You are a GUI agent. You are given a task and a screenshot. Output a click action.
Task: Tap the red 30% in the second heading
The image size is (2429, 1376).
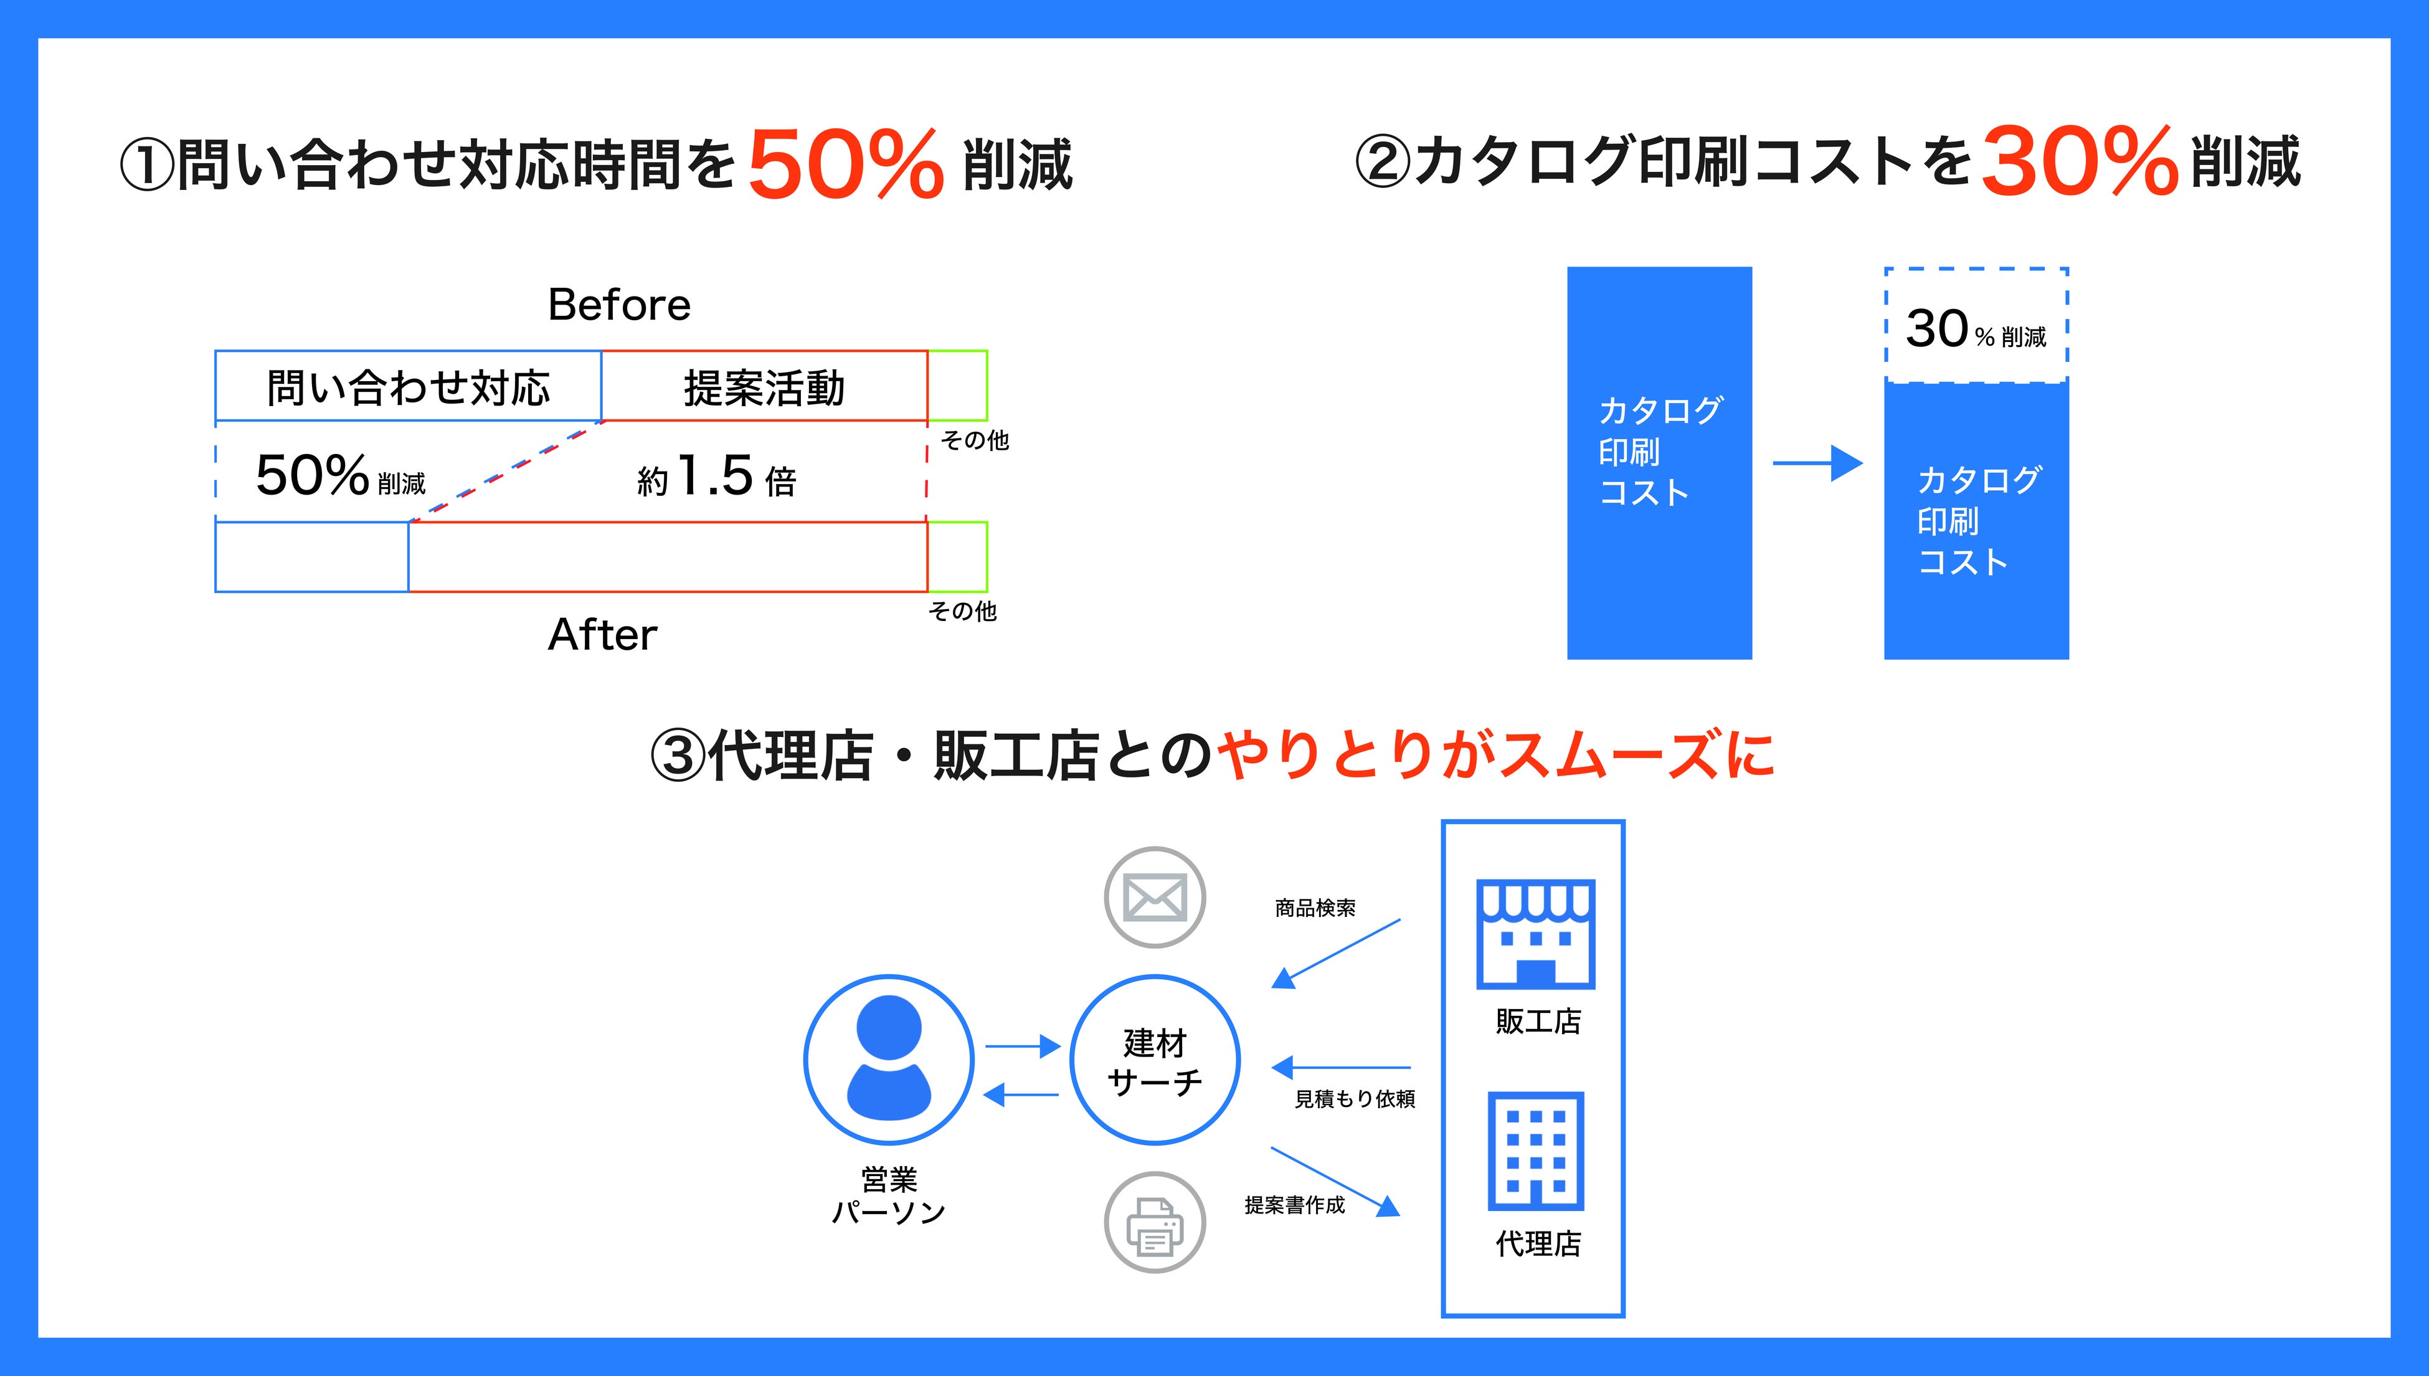[2078, 163]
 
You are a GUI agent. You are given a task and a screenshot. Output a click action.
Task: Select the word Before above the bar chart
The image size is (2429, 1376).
[619, 305]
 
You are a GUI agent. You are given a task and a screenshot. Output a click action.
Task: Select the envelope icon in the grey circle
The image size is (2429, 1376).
[1155, 897]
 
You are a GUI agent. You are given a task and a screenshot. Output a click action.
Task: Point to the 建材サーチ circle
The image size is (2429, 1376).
[1155, 1060]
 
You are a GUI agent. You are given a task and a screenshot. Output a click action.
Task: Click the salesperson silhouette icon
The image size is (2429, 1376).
[888, 1060]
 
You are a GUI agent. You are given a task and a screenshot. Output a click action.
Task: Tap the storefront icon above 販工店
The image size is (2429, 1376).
[1535, 934]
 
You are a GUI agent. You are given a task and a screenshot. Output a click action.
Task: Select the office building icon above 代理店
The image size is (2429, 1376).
[1535, 1151]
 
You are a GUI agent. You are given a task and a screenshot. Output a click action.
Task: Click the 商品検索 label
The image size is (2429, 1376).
[1315, 908]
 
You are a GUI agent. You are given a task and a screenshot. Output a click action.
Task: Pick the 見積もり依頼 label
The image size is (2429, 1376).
[1354, 1098]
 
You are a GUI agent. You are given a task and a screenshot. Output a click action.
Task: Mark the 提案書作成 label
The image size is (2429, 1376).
[1294, 1205]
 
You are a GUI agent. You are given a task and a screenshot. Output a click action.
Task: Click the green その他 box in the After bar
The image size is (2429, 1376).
[957, 557]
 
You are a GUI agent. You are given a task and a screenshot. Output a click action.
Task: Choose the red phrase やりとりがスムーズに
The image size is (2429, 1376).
[1495, 756]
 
